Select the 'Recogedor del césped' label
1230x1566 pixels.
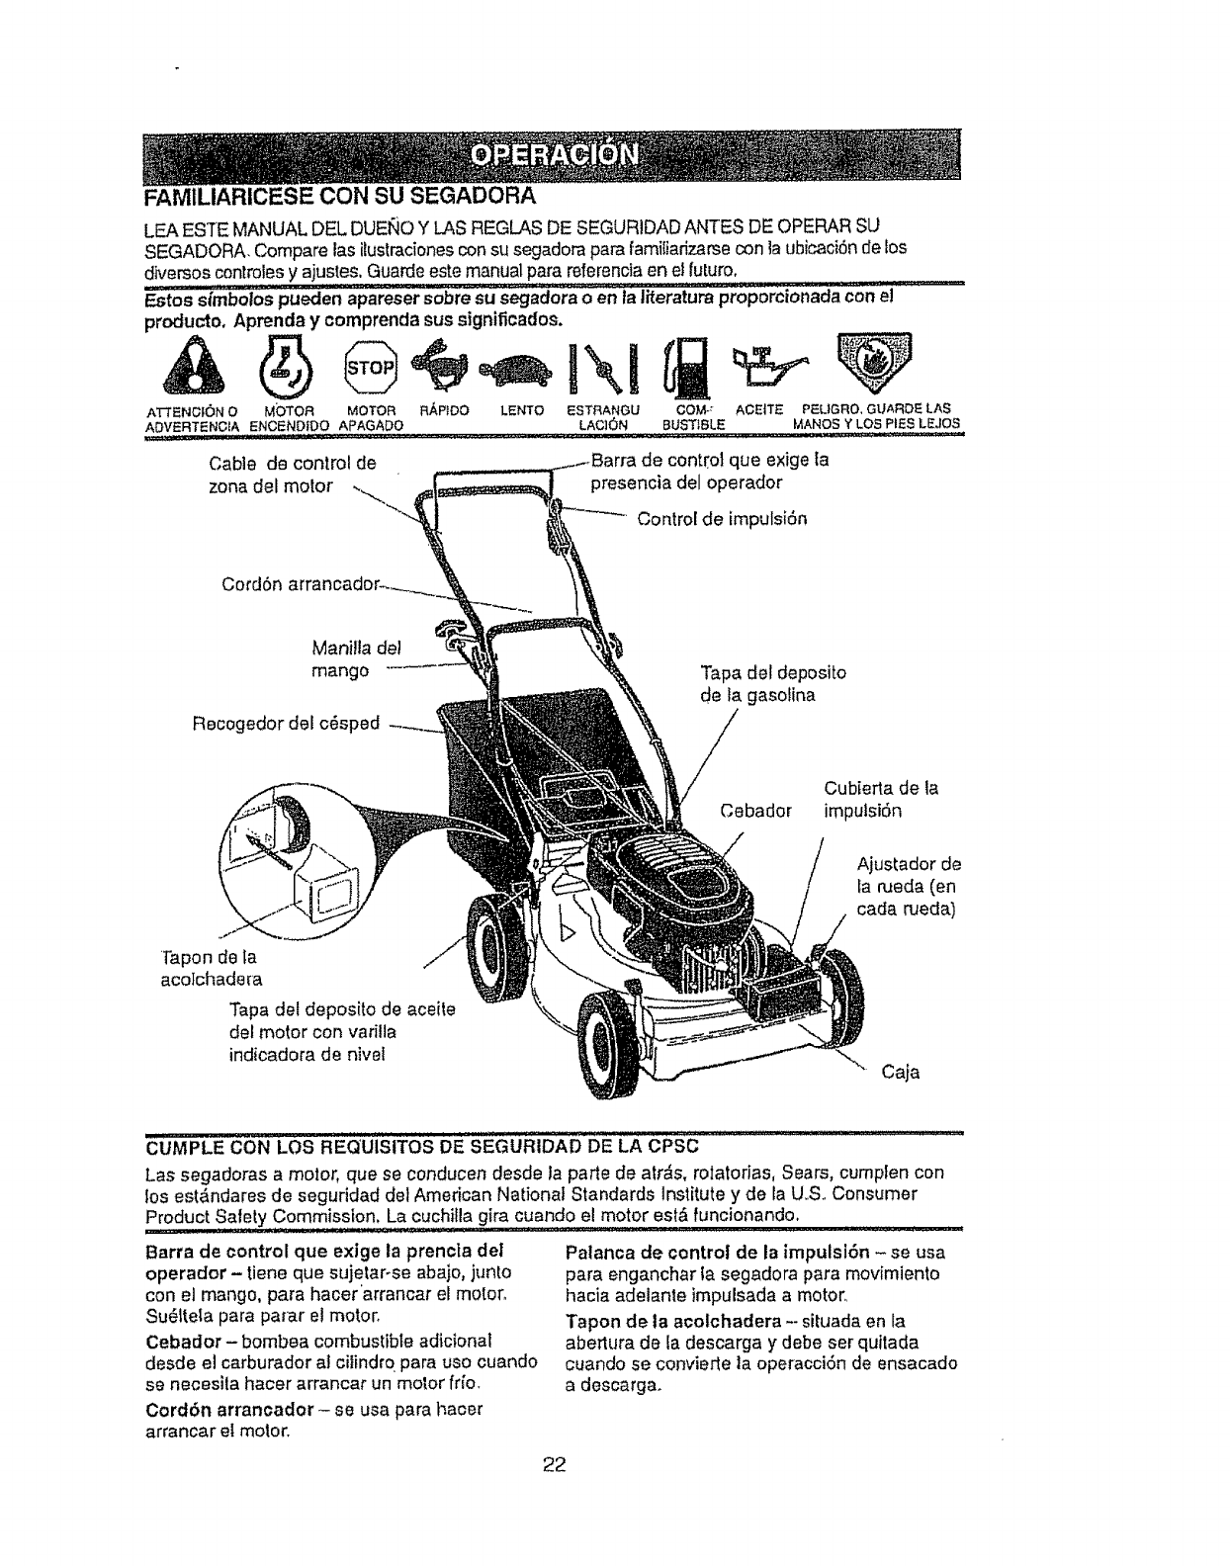(286, 723)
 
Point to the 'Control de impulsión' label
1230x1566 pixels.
(723, 518)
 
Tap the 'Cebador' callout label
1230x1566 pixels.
(756, 812)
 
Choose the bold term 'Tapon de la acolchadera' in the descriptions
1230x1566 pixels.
(660, 1323)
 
